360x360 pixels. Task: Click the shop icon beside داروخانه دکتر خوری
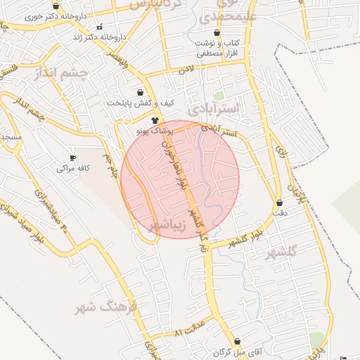tap(56, 6)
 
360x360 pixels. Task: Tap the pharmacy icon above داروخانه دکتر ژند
tap(99, 27)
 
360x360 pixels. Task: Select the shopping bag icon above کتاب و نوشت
tap(217, 33)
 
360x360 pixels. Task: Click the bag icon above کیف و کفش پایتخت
tap(141, 92)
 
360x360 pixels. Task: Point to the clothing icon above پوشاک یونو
tap(155, 120)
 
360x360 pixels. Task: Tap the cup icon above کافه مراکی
tap(72, 158)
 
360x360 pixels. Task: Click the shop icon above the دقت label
tap(279, 203)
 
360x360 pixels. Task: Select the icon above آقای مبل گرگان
tap(238, 341)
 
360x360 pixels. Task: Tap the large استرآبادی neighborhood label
tap(215, 108)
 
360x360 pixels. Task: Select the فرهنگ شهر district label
tap(108, 307)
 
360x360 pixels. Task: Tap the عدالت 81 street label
tap(190, 329)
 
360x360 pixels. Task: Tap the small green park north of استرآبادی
tap(219, 96)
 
